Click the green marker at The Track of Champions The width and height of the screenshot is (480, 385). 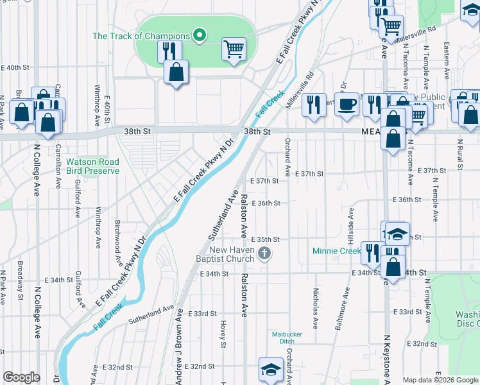click(199, 35)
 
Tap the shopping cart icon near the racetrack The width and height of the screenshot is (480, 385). click(234, 49)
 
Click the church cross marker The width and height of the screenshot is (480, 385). click(263, 254)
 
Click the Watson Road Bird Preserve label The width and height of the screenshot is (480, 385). click(92, 167)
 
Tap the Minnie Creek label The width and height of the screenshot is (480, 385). click(336, 251)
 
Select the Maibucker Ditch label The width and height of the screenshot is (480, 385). click(286, 338)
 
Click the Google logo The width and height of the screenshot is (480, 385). click(21, 377)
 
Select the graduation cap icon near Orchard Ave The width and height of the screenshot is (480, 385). click(271, 369)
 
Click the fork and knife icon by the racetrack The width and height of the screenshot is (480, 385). click(169, 51)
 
